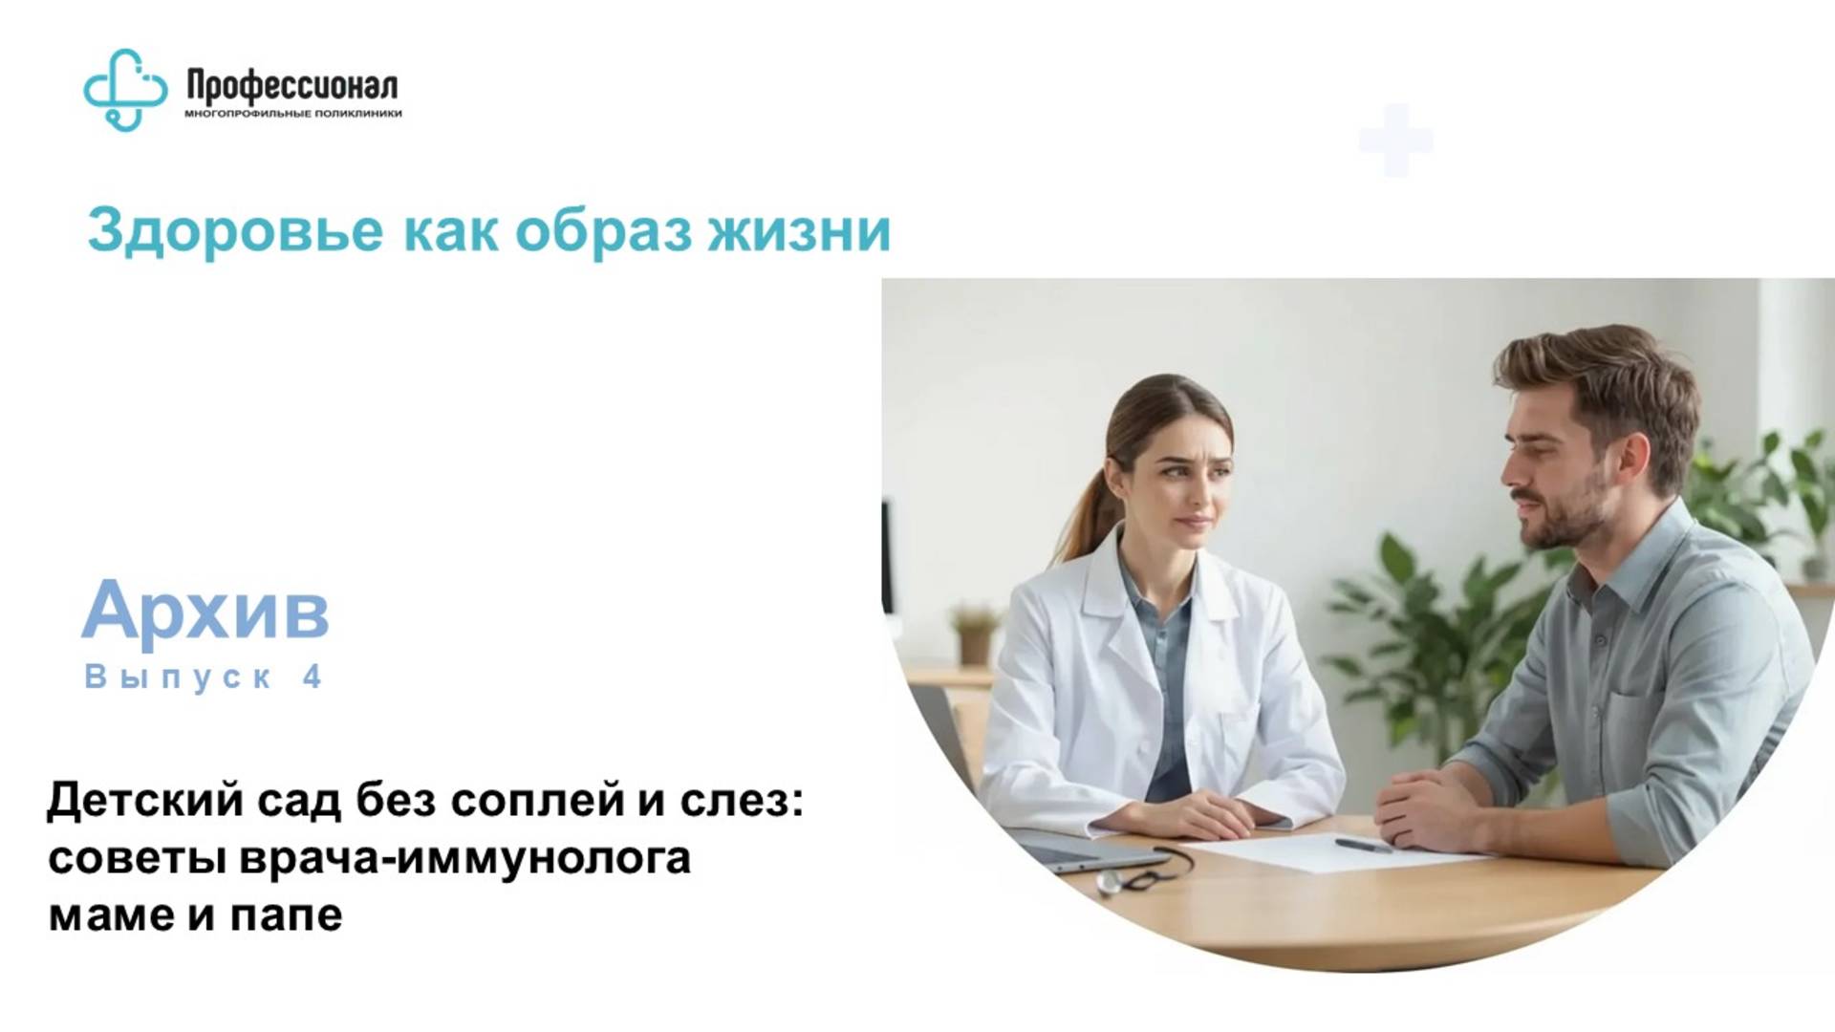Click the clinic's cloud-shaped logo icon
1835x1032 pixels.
(x=125, y=89)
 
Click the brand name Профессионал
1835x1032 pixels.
(x=292, y=87)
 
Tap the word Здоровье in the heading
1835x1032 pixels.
(x=235, y=230)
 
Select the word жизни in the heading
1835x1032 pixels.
(x=799, y=230)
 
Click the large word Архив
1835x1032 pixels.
(x=205, y=610)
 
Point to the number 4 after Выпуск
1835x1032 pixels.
(x=312, y=677)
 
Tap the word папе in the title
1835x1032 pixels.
(x=286, y=914)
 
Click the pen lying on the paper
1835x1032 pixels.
(x=1364, y=846)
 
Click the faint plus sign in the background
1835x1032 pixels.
(x=1395, y=140)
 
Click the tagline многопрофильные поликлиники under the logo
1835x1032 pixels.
(x=292, y=114)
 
